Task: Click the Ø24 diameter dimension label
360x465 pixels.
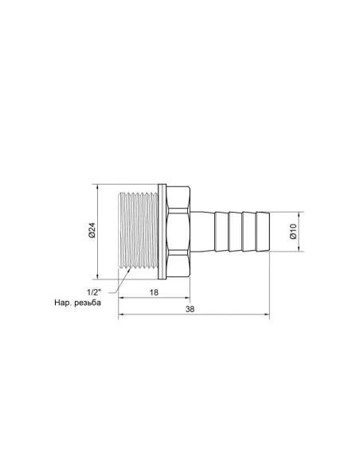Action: coord(92,232)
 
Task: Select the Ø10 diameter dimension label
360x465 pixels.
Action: coord(293,232)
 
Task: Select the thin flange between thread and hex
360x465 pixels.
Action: coord(162,232)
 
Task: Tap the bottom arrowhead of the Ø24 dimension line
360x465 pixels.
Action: coord(98,278)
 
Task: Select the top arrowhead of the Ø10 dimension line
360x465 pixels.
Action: coord(299,214)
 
